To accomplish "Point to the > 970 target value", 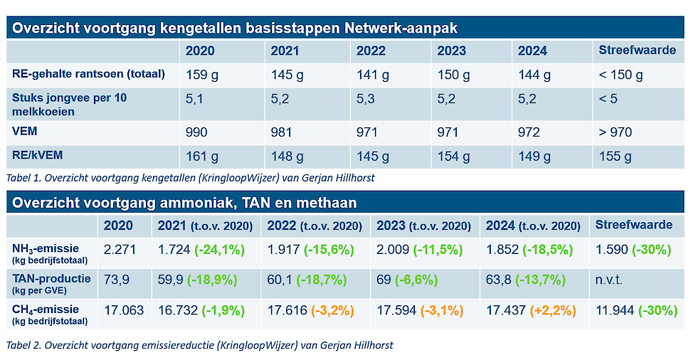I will click(615, 132).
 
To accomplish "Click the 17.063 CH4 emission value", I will click(123, 311).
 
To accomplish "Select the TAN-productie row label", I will click(51, 278).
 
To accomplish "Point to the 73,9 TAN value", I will click(117, 280).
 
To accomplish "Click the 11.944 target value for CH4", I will click(615, 311).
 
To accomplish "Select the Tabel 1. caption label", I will click(26, 178).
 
